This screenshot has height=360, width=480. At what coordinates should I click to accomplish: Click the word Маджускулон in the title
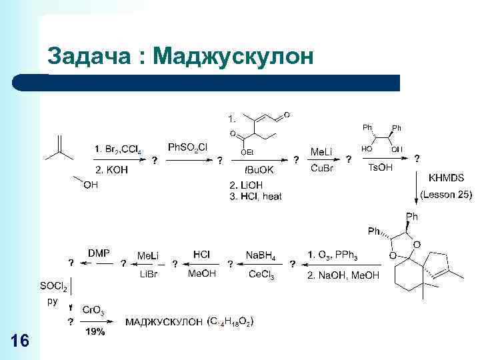(233, 57)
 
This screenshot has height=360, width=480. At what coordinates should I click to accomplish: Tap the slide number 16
(21, 341)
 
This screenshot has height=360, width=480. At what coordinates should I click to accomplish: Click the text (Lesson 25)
(446, 195)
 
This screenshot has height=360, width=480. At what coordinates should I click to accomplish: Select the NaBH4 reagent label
(261, 255)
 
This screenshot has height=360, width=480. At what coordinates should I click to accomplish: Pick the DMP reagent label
(99, 253)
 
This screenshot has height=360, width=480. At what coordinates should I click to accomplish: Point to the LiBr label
(147, 274)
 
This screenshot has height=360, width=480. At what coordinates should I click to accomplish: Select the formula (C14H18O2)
(230, 323)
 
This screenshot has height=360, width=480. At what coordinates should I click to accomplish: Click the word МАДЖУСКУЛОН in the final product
(164, 323)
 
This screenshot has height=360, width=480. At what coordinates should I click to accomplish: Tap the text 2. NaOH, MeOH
(343, 275)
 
